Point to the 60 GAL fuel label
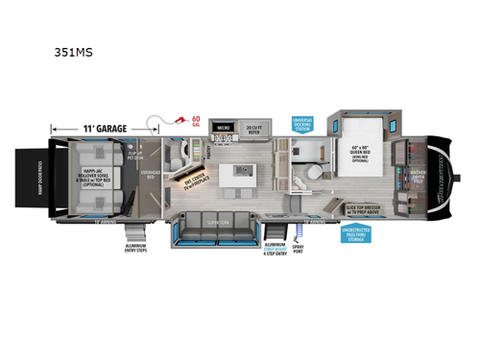(x=196, y=121)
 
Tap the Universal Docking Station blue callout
(x=304, y=125)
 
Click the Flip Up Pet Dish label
(x=134, y=153)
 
